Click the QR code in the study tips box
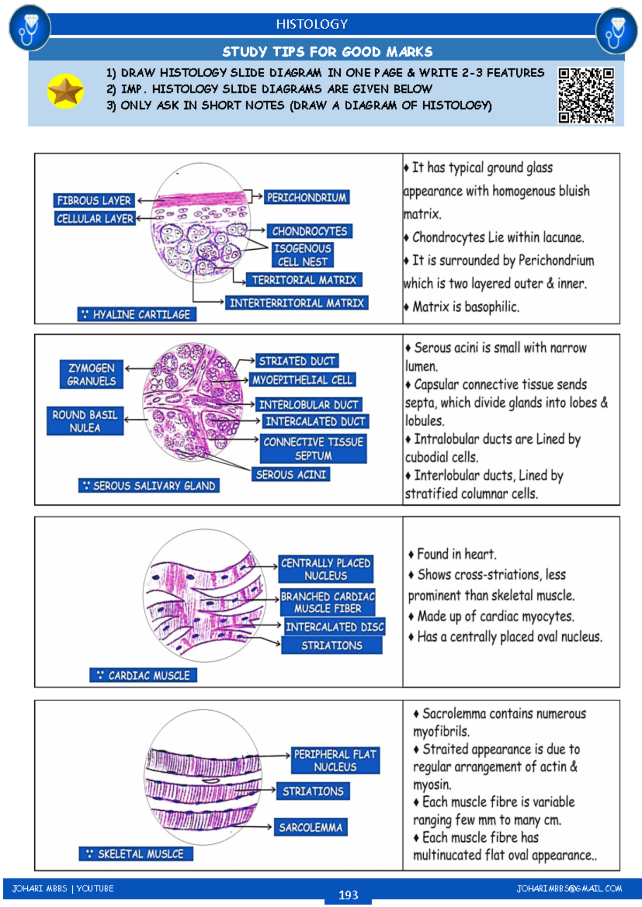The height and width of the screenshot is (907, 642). (586, 95)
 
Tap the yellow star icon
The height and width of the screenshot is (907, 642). (65, 91)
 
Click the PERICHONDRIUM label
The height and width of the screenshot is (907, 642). (307, 197)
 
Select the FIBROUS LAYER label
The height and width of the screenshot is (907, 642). (94, 201)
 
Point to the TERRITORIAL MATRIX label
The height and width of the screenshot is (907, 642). (304, 280)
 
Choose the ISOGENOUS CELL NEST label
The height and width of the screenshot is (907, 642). (302, 255)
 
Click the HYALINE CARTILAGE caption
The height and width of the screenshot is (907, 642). (137, 314)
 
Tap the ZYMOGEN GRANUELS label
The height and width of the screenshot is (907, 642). (91, 374)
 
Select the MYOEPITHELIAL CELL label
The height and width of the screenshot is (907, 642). (302, 380)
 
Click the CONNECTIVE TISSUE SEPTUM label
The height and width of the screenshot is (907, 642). (314, 449)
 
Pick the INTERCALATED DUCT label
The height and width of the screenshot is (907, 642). (315, 421)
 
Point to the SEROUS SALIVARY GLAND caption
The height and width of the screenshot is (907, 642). (149, 486)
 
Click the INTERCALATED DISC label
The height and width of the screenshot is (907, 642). (334, 627)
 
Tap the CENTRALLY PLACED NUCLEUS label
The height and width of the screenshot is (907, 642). (326, 569)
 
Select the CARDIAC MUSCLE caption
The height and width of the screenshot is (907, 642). (143, 675)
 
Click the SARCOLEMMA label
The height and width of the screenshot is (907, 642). (310, 827)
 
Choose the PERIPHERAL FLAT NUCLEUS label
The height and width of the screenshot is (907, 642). (335, 760)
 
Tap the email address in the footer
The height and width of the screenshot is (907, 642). (569, 889)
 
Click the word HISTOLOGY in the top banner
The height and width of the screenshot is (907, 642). (312, 24)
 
